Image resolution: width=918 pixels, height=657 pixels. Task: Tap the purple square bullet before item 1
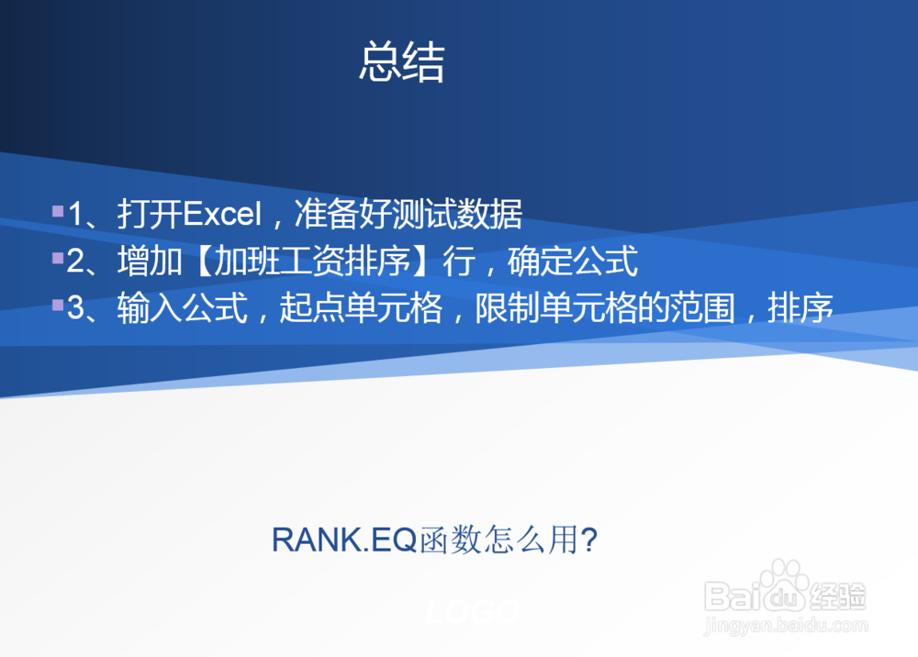(x=58, y=211)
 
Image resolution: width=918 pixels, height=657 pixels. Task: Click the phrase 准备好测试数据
(x=409, y=215)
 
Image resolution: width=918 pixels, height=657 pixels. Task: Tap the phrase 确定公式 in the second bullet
(x=572, y=262)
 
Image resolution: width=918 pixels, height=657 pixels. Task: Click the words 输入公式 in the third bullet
(x=183, y=309)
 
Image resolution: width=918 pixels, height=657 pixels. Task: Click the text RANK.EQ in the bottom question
(x=344, y=540)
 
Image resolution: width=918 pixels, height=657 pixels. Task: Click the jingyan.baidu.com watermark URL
(x=785, y=627)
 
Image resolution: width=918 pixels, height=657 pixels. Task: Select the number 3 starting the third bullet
(x=75, y=309)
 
